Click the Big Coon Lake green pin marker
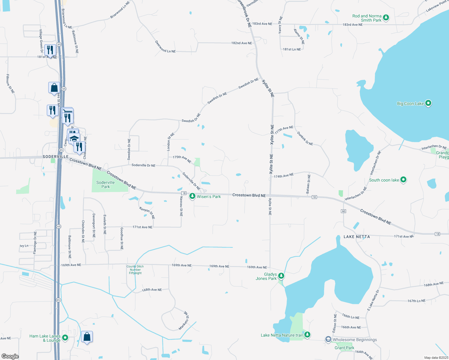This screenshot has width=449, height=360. point(428,103)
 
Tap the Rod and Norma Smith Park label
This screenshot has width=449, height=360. point(367,18)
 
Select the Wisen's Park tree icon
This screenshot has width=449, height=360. point(192,196)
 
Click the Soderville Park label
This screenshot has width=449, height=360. point(105,184)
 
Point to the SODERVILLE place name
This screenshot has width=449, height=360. point(56,157)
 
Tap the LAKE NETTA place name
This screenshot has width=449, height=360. point(357,237)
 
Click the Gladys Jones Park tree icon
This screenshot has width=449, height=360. point(281,276)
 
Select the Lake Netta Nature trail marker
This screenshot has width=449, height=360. point(307,335)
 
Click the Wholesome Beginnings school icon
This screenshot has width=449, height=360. point(328,340)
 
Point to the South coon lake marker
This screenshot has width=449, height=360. point(403,180)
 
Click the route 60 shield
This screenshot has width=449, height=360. point(344,211)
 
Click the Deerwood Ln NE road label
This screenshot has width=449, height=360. point(165,47)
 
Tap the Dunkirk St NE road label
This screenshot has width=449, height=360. point(305,139)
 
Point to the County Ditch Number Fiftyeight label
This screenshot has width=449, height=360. point(135,270)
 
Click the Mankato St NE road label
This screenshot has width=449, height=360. point(184,320)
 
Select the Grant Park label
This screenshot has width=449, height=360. point(344,348)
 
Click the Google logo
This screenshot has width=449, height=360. point(10,356)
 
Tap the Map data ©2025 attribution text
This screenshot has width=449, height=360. point(436,358)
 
